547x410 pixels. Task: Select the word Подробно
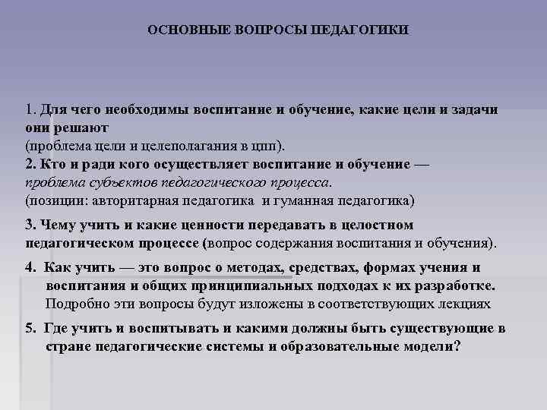pos(73,304)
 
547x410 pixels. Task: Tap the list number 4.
pos(30,268)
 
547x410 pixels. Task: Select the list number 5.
pos(30,329)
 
